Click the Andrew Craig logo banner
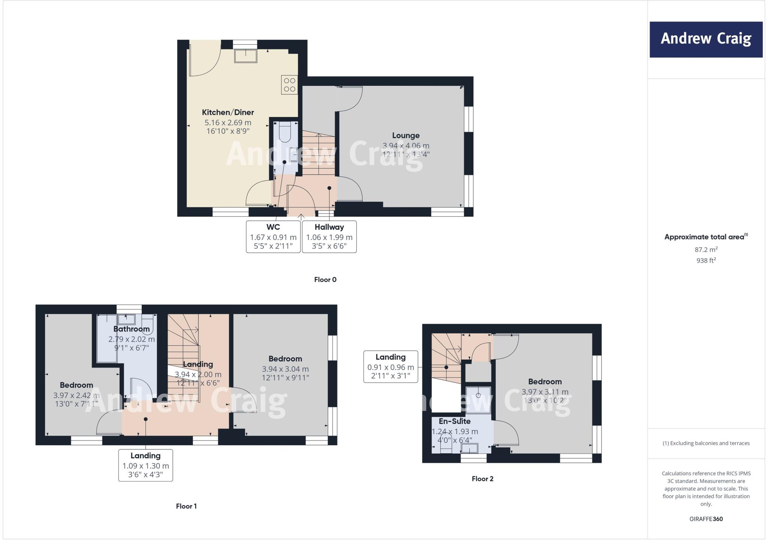[x=706, y=39]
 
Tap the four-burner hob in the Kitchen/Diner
[x=289, y=85]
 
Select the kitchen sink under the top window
[x=246, y=56]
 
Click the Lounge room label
[x=406, y=135]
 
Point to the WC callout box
[x=273, y=237]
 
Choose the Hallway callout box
[x=329, y=237]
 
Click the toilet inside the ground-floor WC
[x=285, y=133]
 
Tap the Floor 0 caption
[x=325, y=280]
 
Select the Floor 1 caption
[x=186, y=506]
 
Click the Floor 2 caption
[x=482, y=479]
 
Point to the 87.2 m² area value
[x=706, y=249]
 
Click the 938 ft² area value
[x=706, y=260]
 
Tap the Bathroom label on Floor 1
[x=131, y=329]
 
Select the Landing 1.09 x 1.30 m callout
[x=145, y=465]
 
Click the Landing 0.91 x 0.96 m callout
[x=390, y=367]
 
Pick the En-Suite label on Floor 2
[x=454, y=421]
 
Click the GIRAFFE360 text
[x=706, y=519]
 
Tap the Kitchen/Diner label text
[x=228, y=112]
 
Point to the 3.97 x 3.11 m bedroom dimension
[x=545, y=392]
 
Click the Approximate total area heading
[x=705, y=237]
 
